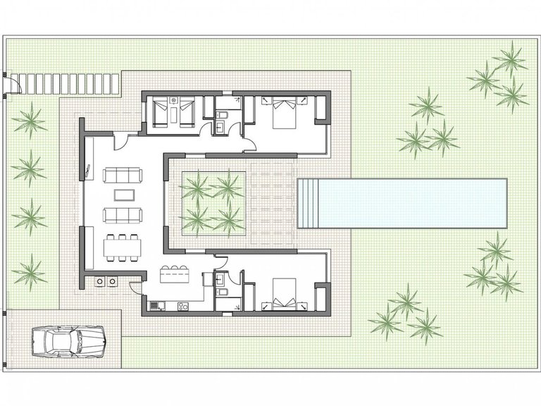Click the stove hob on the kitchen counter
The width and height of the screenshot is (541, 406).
click(x=182, y=306)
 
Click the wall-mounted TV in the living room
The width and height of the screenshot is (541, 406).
click(x=87, y=171)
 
